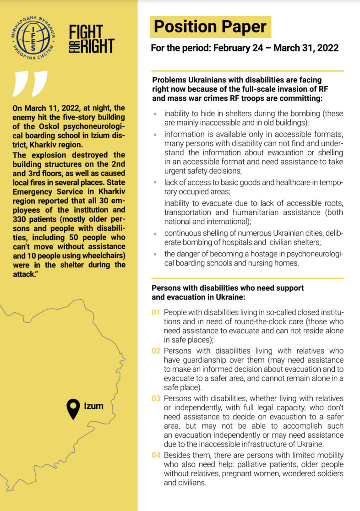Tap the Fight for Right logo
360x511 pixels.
pyautogui.click(x=92, y=39)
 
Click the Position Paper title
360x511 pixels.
pyautogui.click(x=210, y=27)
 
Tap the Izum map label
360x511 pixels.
pyautogui.click(x=93, y=406)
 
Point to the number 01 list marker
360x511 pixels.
pyautogui.click(x=156, y=312)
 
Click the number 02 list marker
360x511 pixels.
pyautogui.click(x=156, y=351)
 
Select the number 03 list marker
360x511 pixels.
pyautogui.click(x=156, y=398)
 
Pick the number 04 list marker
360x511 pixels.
pyautogui.click(x=156, y=455)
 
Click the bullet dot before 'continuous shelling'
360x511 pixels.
pyautogui.click(x=156, y=233)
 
